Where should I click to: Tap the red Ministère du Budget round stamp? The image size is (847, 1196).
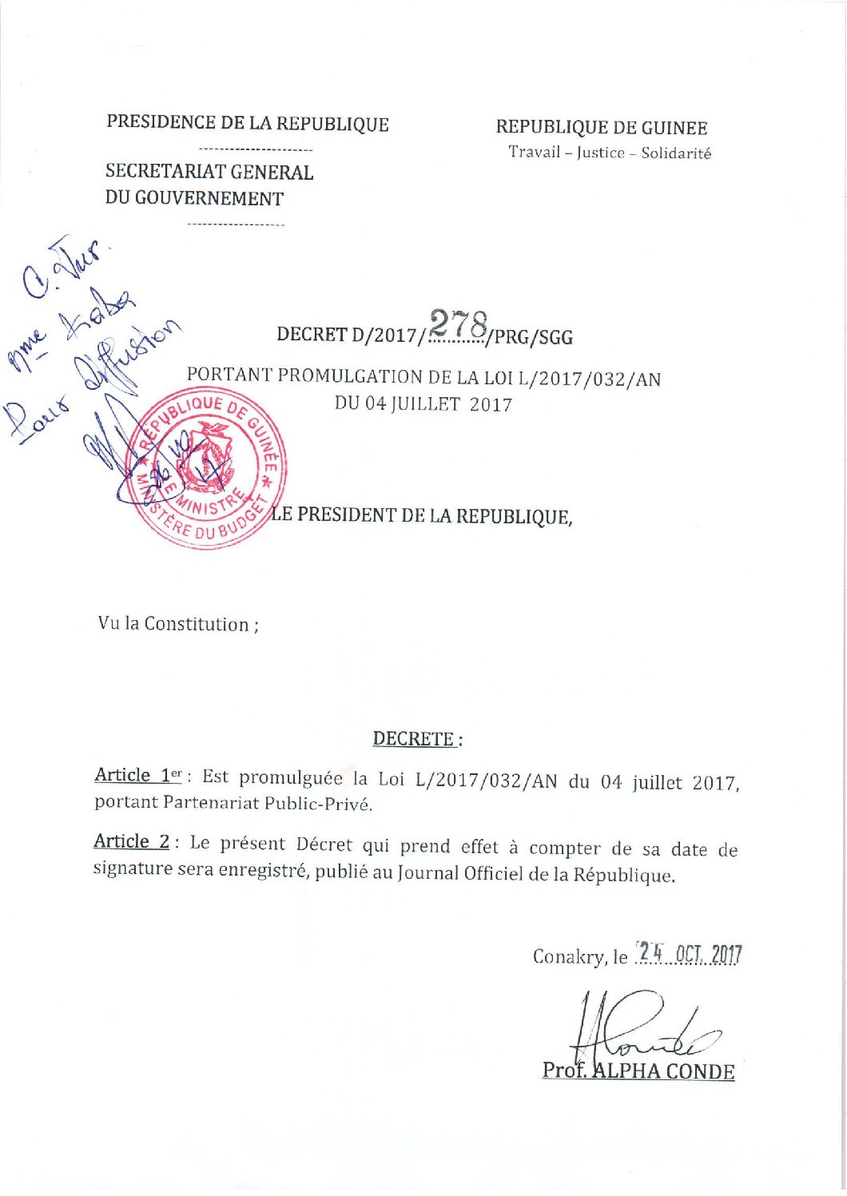click(x=208, y=469)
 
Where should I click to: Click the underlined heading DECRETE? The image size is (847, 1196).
click(x=414, y=739)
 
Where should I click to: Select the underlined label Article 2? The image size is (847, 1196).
click(x=131, y=842)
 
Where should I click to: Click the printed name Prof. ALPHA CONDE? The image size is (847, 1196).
click(x=638, y=1071)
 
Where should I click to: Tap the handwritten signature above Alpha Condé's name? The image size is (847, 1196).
click(x=639, y=1031)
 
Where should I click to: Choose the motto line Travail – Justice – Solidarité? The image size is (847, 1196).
click(x=610, y=153)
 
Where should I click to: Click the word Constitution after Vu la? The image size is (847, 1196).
click(x=197, y=624)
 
